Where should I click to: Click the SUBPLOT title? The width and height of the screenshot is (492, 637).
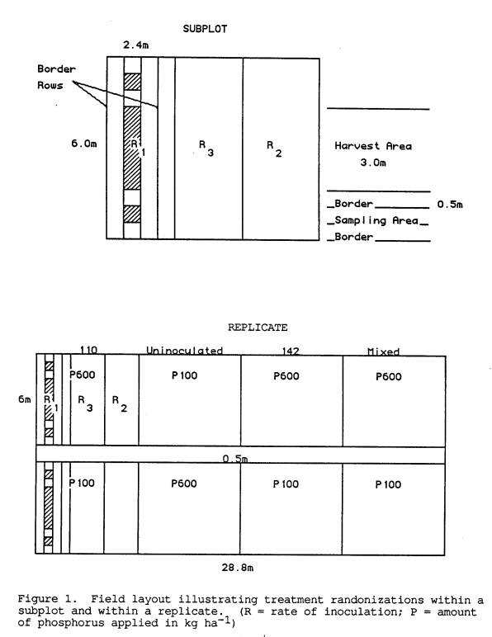pos(205,29)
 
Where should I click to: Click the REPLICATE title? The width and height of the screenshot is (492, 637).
pos(258,328)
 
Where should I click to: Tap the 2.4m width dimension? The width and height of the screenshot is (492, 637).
pos(135,45)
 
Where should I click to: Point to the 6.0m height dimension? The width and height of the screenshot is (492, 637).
pos(84,144)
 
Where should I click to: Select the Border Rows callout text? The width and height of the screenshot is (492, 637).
pos(56,78)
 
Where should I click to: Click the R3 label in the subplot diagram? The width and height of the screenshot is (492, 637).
pos(206,149)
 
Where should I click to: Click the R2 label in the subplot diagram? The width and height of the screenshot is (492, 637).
pos(274,149)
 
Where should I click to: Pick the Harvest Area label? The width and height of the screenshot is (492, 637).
pos(373,146)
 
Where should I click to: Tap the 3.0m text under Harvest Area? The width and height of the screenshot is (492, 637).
pos(373,163)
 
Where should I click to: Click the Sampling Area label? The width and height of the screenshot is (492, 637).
pos(376,220)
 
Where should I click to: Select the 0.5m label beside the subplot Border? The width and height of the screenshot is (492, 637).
pos(450,205)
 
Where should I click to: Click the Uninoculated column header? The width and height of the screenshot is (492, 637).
pos(184,351)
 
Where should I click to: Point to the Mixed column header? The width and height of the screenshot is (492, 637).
pos(383,352)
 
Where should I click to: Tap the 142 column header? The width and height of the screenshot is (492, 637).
pos(291,351)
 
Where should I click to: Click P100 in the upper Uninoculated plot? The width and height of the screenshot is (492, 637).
pos(184,375)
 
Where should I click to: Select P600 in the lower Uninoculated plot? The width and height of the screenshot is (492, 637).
pos(184,484)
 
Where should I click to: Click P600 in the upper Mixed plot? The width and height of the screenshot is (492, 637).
pos(389,376)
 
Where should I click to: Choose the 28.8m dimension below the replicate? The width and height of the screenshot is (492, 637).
pos(238,568)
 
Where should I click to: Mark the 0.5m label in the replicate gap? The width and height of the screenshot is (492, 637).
pos(235,459)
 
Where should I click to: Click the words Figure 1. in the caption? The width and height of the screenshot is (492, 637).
pos(47,600)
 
